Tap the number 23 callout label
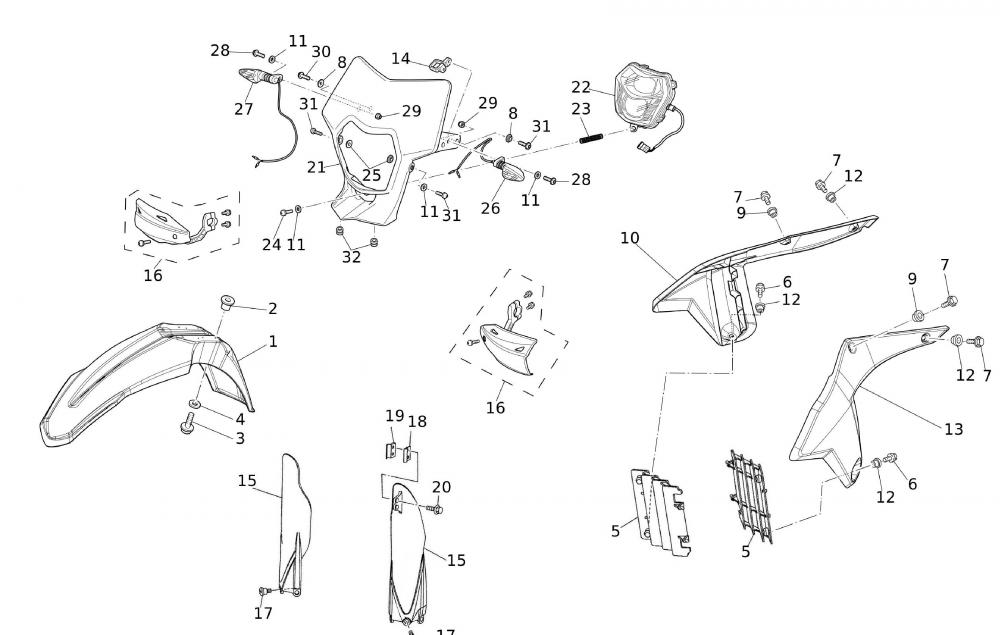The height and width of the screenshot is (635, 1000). (x=582, y=110)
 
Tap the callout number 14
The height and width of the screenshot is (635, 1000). (x=400, y=59)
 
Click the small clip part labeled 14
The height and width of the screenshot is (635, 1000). (x=440, y=66)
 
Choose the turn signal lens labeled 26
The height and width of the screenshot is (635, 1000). (x=514, y=173)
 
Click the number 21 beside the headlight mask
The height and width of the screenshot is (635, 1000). (x=316, y=167)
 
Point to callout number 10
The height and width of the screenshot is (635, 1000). (x=629, y=238)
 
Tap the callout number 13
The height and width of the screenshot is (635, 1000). (x=953, y=429)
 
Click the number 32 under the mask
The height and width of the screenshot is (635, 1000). (x=351, y=257)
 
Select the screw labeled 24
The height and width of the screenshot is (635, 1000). (x=285, y=212)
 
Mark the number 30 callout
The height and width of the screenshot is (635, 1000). (x=320, y=52)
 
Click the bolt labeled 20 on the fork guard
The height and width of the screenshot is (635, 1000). (x=436, y=510)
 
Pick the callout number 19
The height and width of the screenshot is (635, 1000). (x=394, y=416)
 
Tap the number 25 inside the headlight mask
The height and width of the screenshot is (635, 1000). (x=371, y=175)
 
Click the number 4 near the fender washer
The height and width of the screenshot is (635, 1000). (x=240, y=419)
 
